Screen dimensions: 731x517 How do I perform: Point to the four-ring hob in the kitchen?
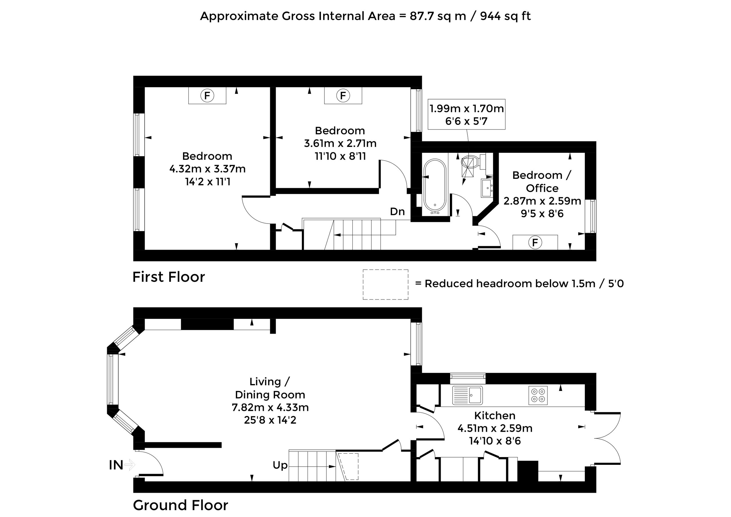click(538, 396)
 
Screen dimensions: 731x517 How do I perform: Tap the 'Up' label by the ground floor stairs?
click(280, 465)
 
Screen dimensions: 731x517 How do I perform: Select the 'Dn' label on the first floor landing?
click(397, 212)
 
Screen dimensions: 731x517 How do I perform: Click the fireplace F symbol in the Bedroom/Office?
click(535, 243)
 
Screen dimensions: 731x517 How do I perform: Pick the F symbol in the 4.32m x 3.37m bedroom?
click(207, 95)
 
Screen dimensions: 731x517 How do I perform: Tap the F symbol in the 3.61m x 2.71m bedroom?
click(343, 95)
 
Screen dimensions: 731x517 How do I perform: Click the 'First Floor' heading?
click(169, 277)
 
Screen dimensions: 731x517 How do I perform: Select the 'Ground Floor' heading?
click(180, 505)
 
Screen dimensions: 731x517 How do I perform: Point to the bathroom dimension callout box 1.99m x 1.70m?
click(466, 114)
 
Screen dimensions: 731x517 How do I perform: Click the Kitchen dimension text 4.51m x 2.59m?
click(495, 428)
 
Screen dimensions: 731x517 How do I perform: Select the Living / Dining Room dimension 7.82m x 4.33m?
click(270, 407)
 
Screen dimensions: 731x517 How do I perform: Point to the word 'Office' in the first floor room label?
click(542, 188)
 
